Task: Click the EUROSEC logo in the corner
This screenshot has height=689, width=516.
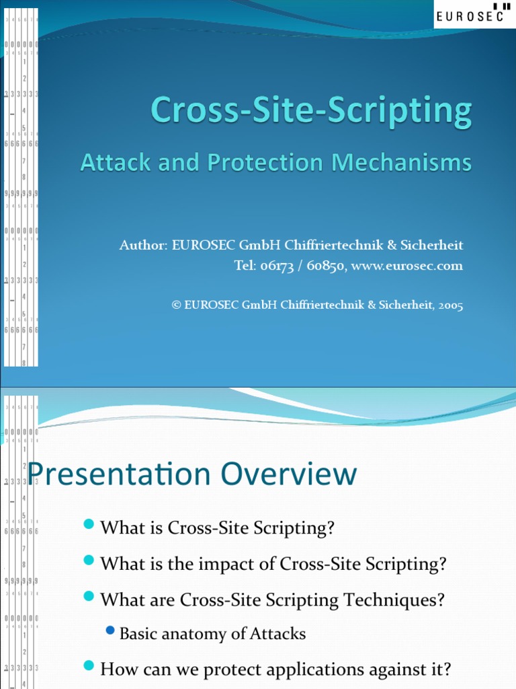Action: click(474, 14)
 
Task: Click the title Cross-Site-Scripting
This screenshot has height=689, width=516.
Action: click(311, 111)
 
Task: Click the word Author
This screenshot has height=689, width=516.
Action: click(142, 246)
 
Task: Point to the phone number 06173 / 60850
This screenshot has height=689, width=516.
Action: click(300, 266)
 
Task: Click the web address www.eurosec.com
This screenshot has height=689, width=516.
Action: click(407, 266)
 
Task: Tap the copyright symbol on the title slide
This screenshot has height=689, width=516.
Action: click(177, 305)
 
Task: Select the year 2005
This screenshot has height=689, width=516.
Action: click(450, 305)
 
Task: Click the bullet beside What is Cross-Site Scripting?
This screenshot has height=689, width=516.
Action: click(89, 525)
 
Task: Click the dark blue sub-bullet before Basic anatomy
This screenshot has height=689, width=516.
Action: click(111, 630)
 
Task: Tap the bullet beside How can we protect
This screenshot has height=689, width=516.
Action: click(89, 666)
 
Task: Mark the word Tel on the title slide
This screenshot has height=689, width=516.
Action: click(244, 266)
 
